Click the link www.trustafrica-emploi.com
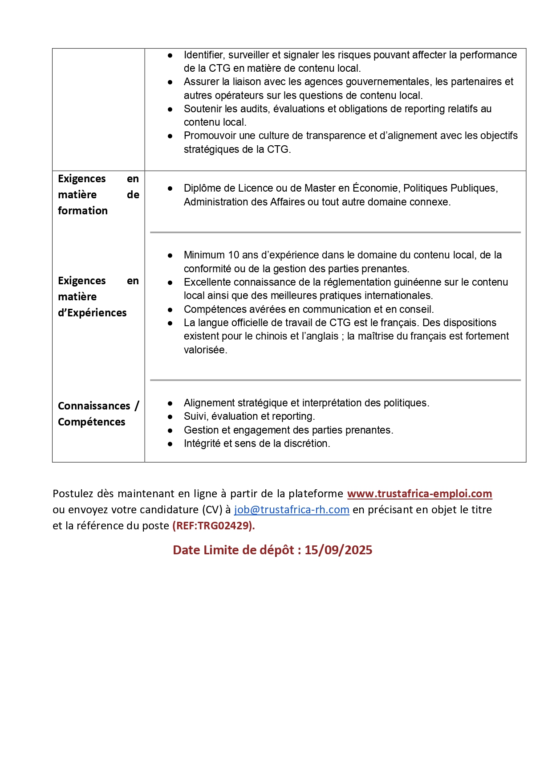pyautogui.click(x=419, y=494)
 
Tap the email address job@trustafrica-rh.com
pyautogui.click(x=292, y=510)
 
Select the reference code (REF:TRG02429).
pyautogui.click(x=214, y=526)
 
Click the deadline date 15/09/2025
pyautogui.click(x=338, y=550)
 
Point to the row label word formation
pyautogui.click(x=83, y=211)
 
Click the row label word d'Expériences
pyautogui.click(x=92, y=313)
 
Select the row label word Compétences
pyautogui.click(x=92, y=422)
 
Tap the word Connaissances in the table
pyautogui.click(x=94, y=406)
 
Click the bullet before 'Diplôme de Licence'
pyautogui.click(x=170, y=188)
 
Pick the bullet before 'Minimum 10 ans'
pyautogui.click(x=170, y=255)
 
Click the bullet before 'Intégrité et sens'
pyautogui.click(x=170, y=444)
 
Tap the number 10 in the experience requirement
pyautogui.click(x=234, y=255)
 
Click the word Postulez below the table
pyautogui.click(x=73, y=494)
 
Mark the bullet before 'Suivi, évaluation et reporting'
pyautogui.click(x=170, y=417)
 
